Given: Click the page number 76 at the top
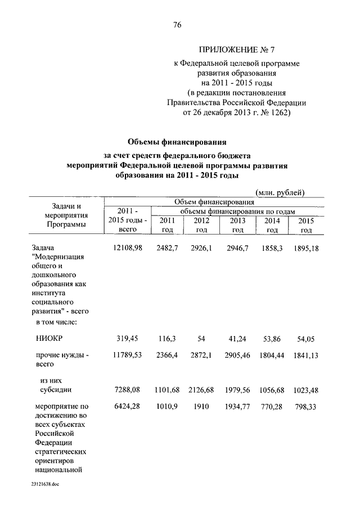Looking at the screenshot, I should point(178,25).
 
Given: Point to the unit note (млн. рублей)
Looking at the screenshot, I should point(280,192).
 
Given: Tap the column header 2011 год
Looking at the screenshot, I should point(167,225).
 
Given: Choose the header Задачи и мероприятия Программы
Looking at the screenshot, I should point(67,215).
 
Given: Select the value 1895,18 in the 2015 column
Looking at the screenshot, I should point(306,247).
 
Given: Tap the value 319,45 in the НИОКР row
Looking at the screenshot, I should point(127,339).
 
